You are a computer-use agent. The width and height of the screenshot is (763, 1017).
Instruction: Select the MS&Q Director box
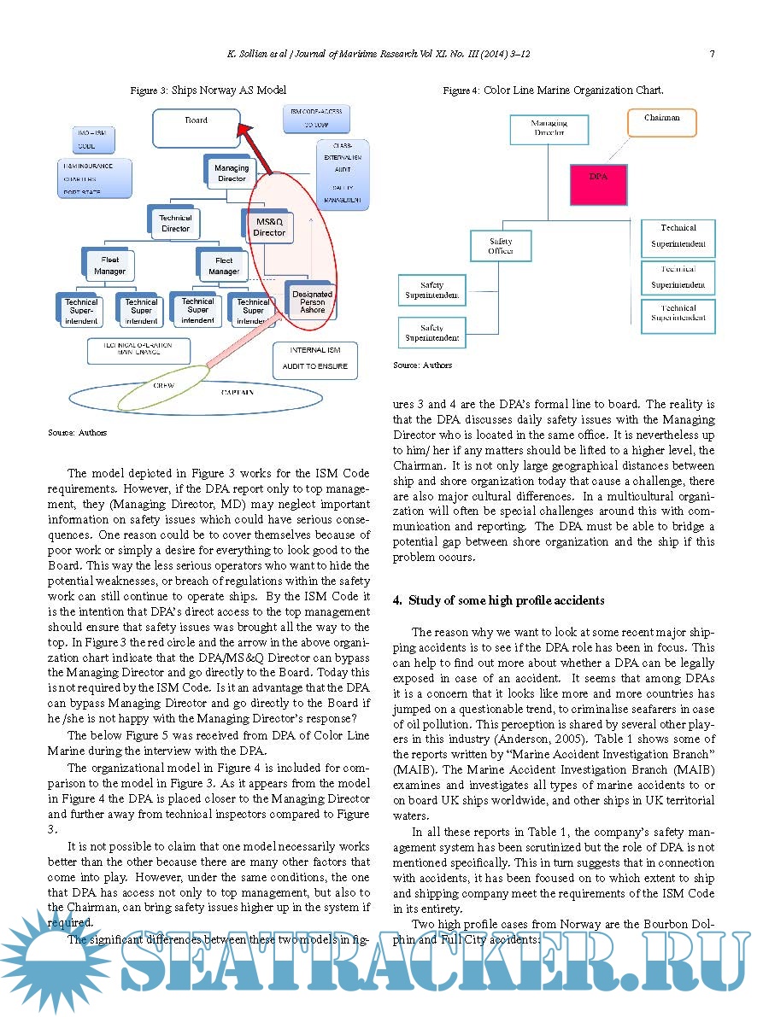(x=268, y=226)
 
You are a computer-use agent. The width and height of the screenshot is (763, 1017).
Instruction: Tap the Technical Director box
(x=175, y=223)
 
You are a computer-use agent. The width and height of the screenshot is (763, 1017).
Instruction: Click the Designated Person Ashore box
(x=312, y=301)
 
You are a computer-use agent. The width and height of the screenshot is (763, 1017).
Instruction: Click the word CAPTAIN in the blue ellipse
(x=237, y=392)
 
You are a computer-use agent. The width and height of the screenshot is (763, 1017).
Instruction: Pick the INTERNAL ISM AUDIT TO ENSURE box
(x=314, y=358)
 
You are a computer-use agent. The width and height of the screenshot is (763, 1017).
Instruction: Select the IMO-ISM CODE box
(x=93, y=140)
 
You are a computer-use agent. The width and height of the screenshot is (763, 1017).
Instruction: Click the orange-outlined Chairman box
(x=661, y=121)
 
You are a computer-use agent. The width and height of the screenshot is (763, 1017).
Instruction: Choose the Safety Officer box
(x=501, y=247)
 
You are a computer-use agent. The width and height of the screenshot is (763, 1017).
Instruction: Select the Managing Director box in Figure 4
(x=549, y=128)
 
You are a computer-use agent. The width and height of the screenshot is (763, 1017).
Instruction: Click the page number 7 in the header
(x=712, y=54)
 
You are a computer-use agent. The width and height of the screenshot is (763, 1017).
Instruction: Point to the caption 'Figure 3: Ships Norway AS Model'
(x=208, y=90)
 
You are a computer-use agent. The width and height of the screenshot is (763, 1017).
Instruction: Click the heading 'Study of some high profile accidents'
(x=506, y=600)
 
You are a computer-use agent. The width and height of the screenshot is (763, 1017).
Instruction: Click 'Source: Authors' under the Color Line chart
(x=422, y=365)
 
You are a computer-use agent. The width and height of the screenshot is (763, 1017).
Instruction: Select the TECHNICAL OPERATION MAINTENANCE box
(x=138, y=348)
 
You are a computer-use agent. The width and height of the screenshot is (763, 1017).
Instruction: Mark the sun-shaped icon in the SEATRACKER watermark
(x=51, y=961)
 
